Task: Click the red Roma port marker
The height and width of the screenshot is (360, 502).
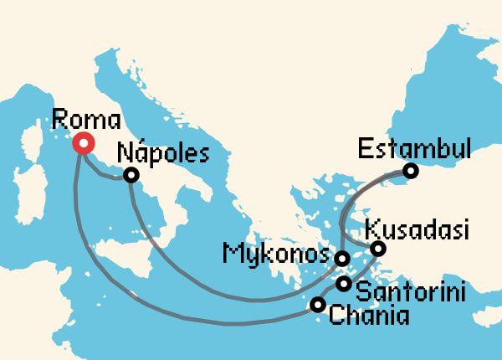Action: point(84,144)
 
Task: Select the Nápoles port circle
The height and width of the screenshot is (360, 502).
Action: point(131,175)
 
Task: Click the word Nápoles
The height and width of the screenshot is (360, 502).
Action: point(163,153)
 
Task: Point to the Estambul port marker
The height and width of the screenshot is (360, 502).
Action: point(410,172)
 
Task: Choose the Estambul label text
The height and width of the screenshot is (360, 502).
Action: point(414,150)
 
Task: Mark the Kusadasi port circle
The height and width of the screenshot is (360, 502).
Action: point(378,248)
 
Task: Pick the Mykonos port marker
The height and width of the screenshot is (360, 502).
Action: point(341,259)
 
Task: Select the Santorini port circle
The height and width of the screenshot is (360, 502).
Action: point(345,284)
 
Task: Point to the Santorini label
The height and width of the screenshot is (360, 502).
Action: point(411,292)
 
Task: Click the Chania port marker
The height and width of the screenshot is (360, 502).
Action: point(317,304)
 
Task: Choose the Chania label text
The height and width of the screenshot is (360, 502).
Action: point(370,316)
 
